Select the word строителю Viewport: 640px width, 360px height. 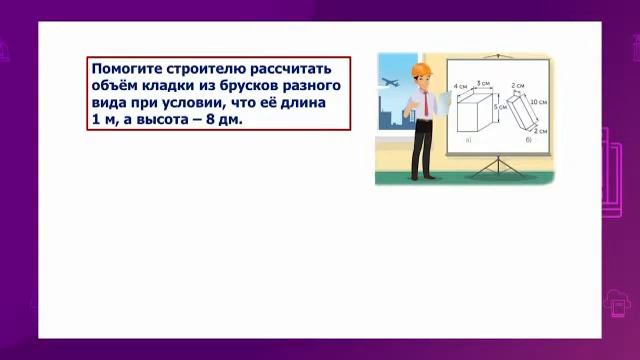199,70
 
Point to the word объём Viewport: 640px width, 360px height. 113,87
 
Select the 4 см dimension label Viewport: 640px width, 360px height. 460,87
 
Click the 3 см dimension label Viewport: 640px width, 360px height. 483,82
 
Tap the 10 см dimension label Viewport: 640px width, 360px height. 539,102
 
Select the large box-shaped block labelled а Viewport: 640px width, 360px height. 475,112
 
